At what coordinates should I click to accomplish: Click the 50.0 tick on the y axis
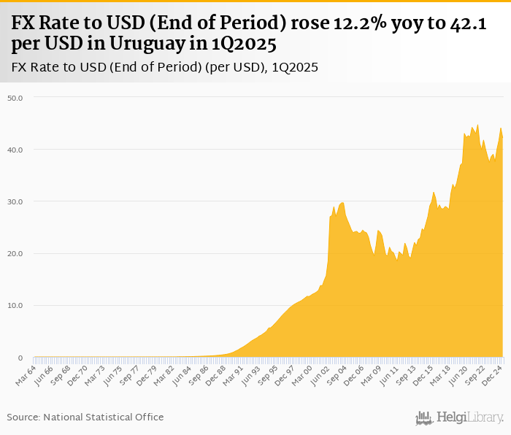pos(15,97)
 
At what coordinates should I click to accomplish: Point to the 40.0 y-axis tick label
pos(15,150)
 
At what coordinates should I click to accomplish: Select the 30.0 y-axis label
pos(15,201)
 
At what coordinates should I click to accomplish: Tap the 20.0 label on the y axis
pos(15,254)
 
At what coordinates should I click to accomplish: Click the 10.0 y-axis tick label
pos(15,306)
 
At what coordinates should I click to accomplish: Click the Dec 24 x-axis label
pos(493,374)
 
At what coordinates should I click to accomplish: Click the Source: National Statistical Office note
pos(85,417)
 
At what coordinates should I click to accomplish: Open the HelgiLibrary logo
pos(460,417)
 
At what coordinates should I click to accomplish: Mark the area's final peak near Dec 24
pos(501,128)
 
